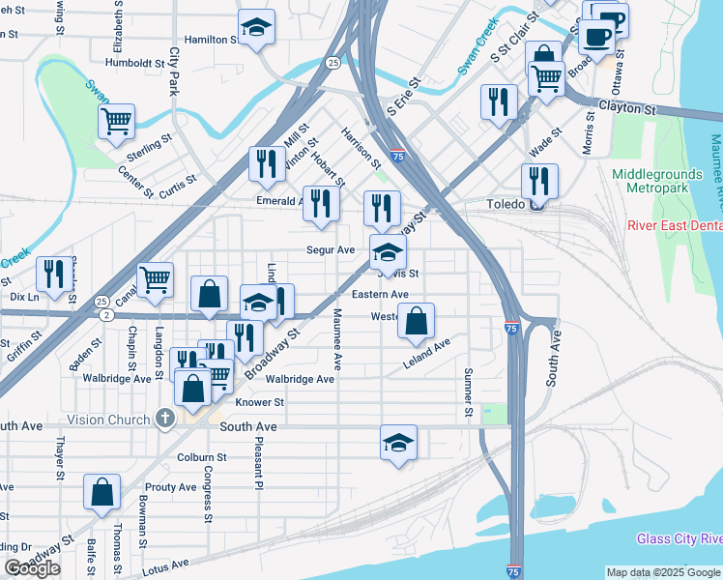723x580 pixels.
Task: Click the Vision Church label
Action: [x=108, y=420]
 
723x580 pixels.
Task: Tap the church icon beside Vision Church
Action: [x=165, y=420]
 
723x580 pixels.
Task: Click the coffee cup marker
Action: [x=596, y=37]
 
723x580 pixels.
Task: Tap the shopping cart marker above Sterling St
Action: [x=116, y=122]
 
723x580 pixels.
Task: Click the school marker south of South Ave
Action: [x=398, y=443]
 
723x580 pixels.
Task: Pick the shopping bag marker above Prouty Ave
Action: [x=101, y=492]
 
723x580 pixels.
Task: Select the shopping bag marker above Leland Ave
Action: [x=416, y=321]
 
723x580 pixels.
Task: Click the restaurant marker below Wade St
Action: [x=539, y=181]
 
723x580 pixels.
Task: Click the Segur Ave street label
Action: [x=332, y=249]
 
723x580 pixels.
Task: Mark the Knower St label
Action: [x=259, y=402]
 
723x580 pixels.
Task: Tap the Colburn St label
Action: [x=201, y=457]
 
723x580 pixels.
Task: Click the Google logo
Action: [x=33, y=568]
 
